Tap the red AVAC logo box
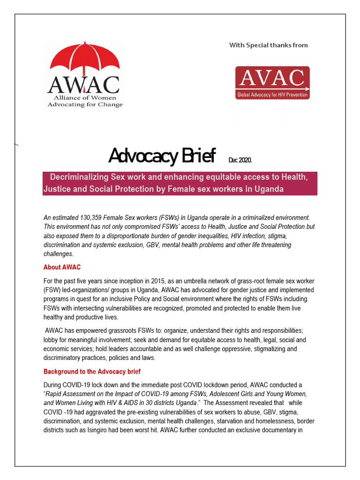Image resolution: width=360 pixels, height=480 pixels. [x=272, y=82]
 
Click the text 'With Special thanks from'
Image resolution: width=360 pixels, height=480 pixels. [x=268, y=45]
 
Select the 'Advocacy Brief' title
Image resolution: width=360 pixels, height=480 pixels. [x=162, y=156]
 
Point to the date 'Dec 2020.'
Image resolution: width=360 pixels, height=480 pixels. [x=240, y=160]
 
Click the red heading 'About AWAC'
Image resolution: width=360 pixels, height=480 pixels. [x=62, y=267]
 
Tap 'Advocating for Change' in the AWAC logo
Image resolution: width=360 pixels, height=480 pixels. [x=85, y=105]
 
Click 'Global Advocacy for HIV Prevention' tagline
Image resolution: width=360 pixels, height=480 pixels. [x=272, y=95]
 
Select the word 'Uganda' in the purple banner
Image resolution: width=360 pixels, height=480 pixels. [x=270, y=189]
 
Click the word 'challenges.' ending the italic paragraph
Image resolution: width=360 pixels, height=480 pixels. [x=59, y=254]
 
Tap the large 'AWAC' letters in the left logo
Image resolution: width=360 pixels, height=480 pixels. [x=83, y=84]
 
